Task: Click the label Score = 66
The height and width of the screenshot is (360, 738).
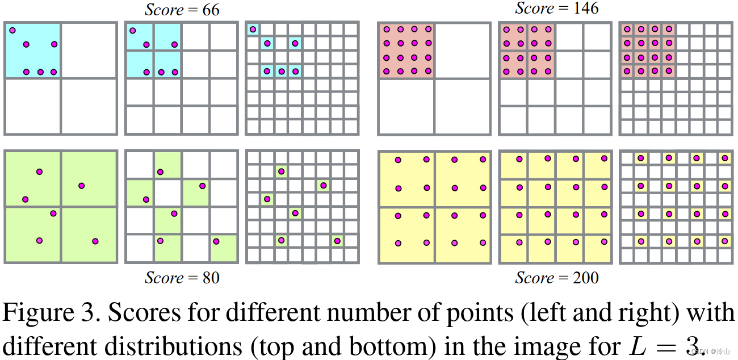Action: [182, 10]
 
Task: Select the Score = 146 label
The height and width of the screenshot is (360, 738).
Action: [556, 8]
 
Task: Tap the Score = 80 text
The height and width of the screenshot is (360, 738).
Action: [182, 278]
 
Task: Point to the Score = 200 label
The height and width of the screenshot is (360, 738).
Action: [556, 278]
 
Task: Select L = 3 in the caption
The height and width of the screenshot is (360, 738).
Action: [662, 343]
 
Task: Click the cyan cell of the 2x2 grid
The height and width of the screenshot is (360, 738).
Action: [32, 50]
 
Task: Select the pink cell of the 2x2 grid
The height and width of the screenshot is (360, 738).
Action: [406, 50]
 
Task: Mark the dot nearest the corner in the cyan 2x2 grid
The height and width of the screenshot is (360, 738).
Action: [12, 31]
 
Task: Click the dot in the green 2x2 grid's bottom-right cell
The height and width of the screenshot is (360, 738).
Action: [95, 241]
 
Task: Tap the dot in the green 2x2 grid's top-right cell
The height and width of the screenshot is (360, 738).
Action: [82, 186]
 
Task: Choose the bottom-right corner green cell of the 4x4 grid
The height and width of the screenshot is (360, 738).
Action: [224, 248]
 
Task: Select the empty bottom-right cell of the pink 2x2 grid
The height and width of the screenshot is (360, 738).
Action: [462, 106]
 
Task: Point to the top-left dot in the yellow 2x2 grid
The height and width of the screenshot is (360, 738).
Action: [398, 160]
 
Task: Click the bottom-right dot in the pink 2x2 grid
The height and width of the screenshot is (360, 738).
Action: [427, 71]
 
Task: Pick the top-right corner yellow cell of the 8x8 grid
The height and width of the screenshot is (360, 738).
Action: [725, 158]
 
